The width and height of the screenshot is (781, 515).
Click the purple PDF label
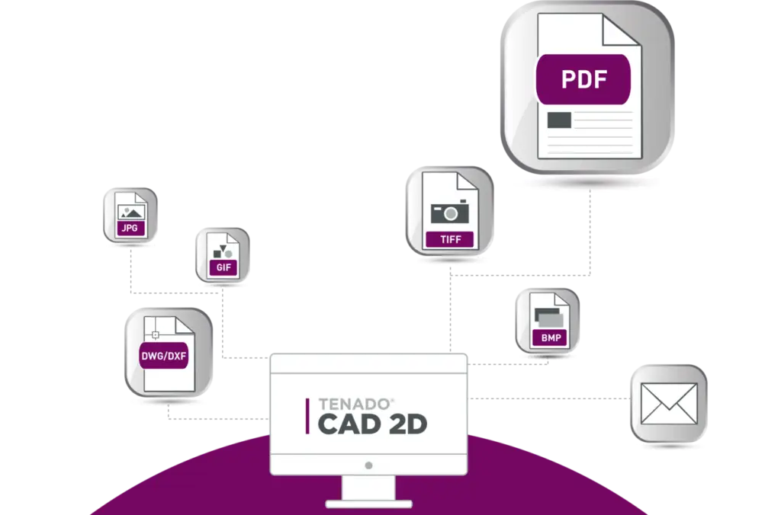[583, 79]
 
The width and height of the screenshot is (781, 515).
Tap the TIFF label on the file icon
[450, 239]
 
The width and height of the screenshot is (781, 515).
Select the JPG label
[130, 228]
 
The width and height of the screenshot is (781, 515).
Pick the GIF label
[223, 267]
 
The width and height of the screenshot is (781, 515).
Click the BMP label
[551, 337]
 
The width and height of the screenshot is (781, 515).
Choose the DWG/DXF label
[164, 356]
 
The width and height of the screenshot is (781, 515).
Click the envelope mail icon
[669, 404]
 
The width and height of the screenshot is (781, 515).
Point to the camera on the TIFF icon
[450, 212]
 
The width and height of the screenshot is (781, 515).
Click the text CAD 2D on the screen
[372, 424]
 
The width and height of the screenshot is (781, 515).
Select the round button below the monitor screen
[368, 465]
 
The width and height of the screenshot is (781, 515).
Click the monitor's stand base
[368, 504]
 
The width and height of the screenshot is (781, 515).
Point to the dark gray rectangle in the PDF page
[559, 120]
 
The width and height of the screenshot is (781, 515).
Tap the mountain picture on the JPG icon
[131, 213]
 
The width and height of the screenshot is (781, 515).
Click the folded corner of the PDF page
[621, 30]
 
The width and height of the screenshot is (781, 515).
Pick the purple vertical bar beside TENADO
[307, 416]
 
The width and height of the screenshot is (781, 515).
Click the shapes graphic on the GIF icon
[222, 251]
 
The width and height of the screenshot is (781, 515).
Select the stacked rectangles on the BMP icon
[548, 318]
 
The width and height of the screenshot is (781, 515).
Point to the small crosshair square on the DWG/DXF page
[156, 335]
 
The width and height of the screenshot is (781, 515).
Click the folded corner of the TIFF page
[468, 181]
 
